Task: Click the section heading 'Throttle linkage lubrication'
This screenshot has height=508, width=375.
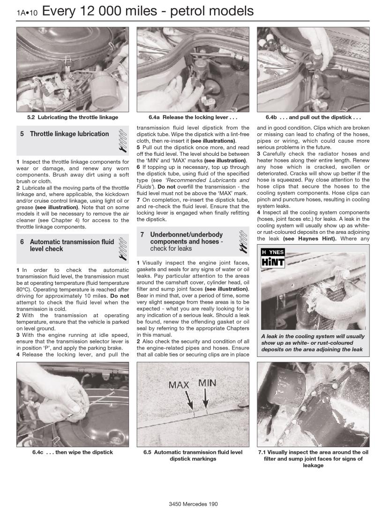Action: point(69,134)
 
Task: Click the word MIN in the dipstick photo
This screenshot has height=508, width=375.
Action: point(207,383)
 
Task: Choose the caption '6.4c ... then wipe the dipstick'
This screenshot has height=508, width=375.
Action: point(68,452)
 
